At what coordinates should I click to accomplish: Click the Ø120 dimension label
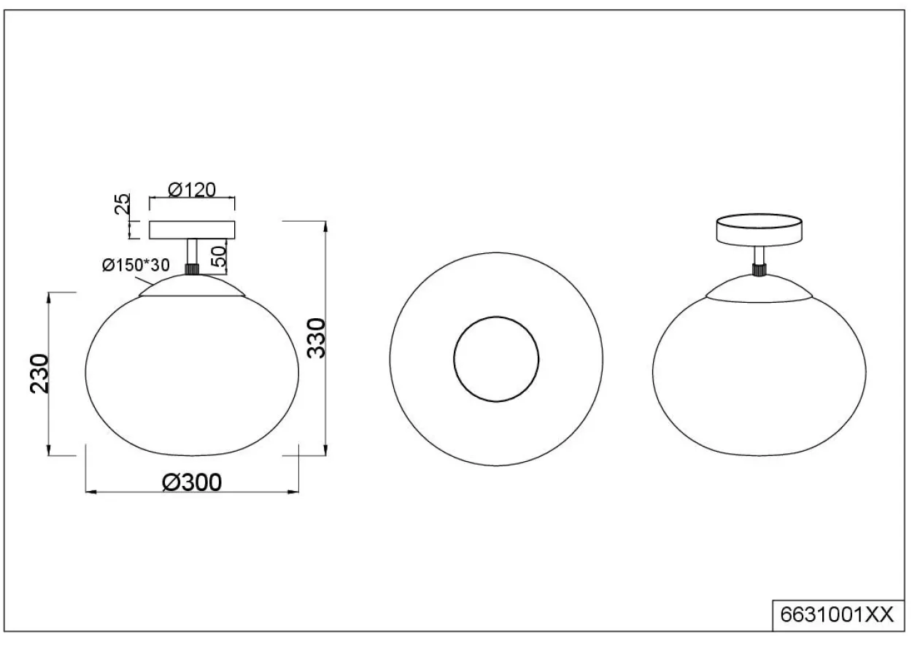point(192,190)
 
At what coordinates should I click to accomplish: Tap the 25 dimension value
point(122,204)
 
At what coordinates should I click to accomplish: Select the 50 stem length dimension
point(220,257)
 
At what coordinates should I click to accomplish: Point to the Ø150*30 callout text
point(136,266)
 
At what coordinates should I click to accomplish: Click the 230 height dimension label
point(39,374)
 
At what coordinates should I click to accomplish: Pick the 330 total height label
point(317,338)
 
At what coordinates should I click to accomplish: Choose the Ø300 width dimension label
point(192,482)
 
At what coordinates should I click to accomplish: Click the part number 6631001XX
point(837,614)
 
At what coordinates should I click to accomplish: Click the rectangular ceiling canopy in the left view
point(192,230)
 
